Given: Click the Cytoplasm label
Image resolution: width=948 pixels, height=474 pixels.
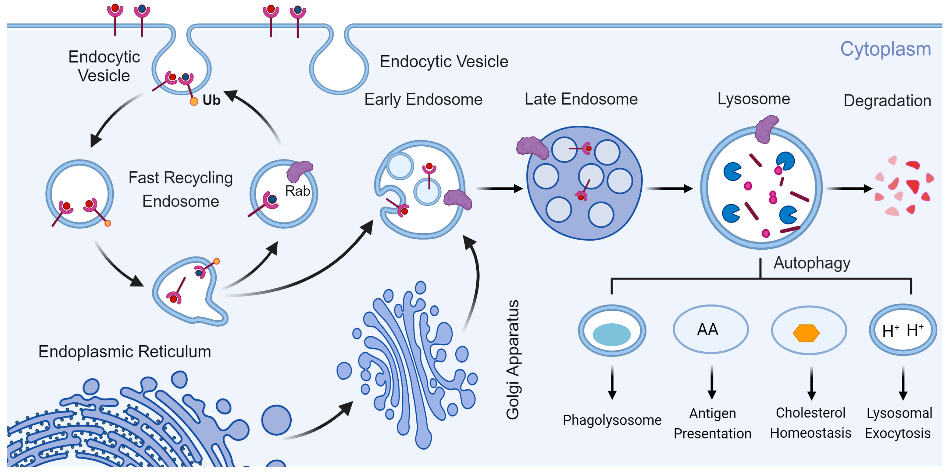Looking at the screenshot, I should (x=885, y=49).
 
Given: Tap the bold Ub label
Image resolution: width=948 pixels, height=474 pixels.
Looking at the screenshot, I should (x=211, y=100).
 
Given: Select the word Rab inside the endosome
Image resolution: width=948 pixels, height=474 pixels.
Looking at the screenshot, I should (x=297, y=191).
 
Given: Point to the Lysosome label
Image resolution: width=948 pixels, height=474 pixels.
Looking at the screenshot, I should (x=753, y=99).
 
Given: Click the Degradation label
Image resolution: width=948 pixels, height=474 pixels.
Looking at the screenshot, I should (x=887, y=100).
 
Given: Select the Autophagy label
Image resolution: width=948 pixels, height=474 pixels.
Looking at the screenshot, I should (x=811, y=263).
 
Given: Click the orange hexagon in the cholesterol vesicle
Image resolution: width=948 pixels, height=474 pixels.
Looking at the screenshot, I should (x=806, y=333).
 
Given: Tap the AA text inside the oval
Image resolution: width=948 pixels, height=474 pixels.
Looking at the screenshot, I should (x=707, y=329).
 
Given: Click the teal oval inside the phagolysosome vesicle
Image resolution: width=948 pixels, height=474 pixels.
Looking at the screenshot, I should (x=611, y=334).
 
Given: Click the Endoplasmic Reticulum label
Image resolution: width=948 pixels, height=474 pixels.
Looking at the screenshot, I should (x=125, y=352).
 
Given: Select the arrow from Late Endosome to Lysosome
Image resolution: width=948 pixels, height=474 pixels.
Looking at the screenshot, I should (x=669, y=188).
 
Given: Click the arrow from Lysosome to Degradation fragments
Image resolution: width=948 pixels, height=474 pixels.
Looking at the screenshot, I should (x=849, y=188).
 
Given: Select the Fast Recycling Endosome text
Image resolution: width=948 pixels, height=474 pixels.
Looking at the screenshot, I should (x=180, y=189).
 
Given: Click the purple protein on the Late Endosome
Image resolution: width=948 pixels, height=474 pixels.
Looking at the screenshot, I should (x=532, y=148).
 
